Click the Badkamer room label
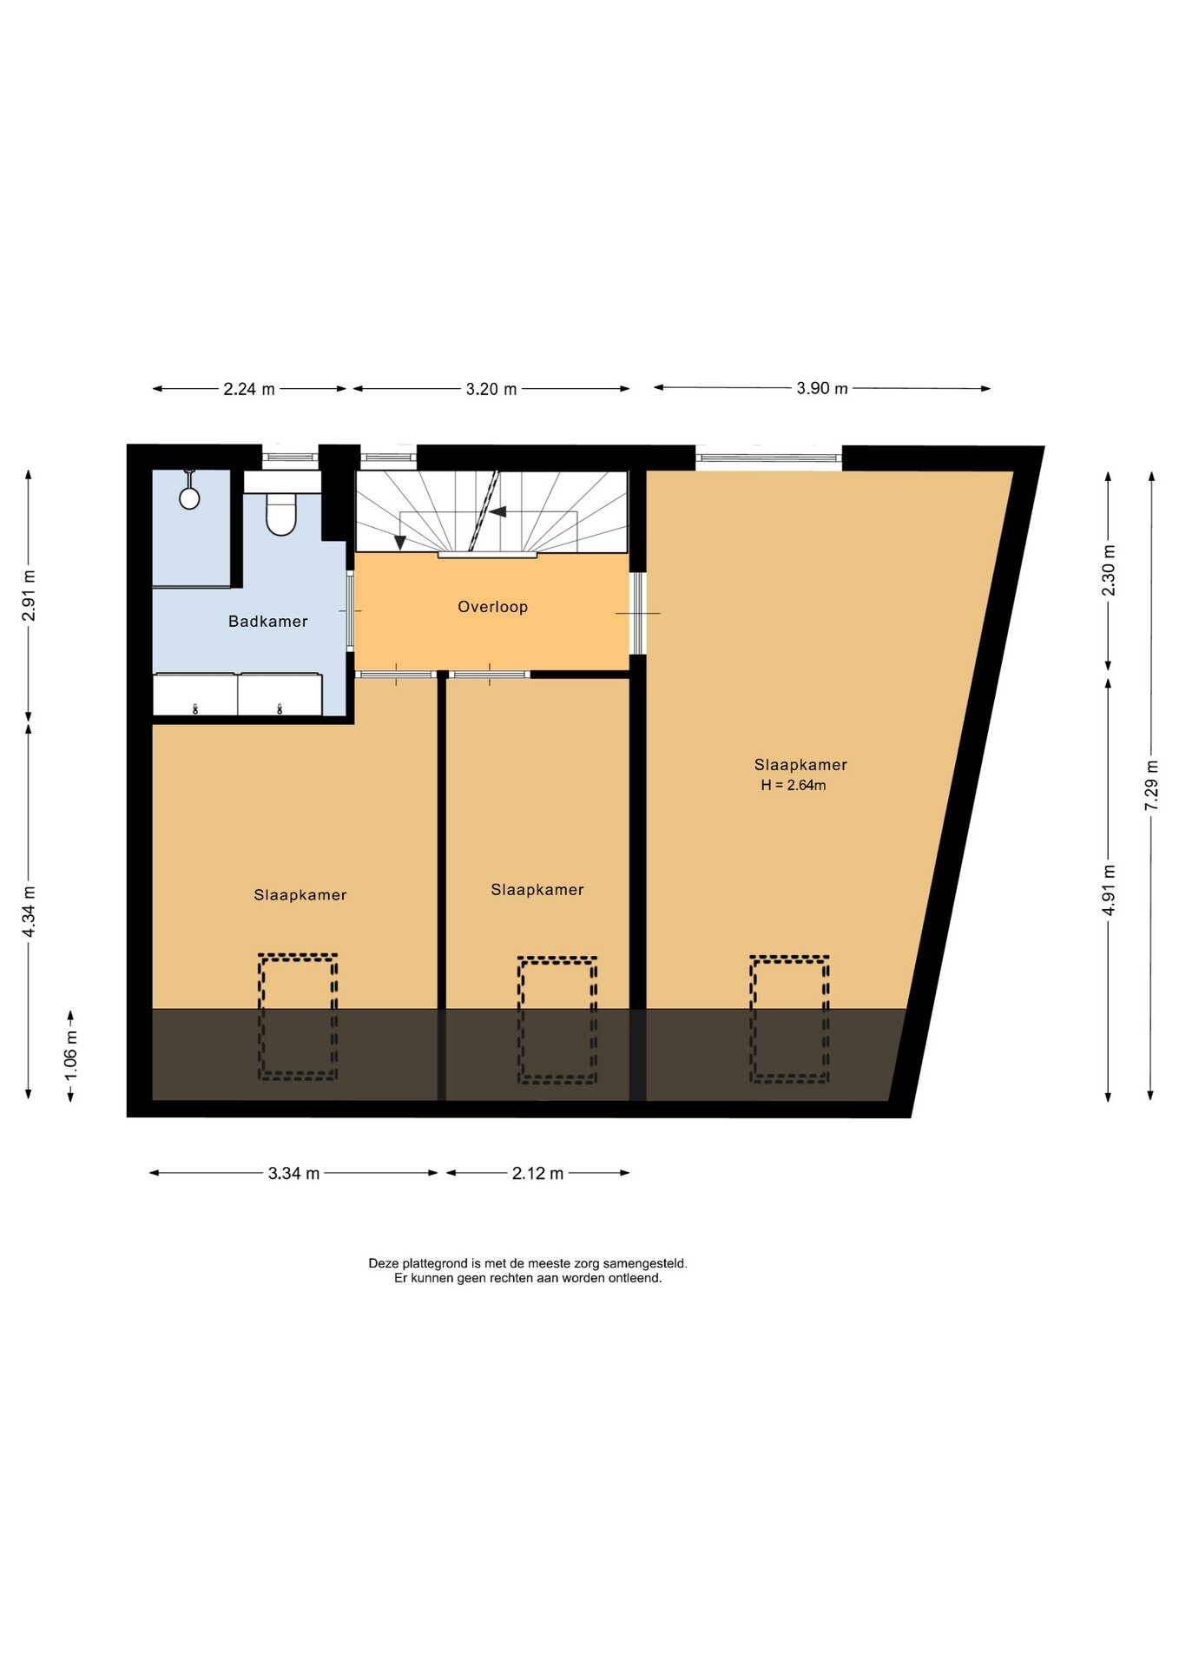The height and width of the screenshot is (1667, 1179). click(267, 622)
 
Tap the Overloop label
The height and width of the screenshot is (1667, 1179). click(492, 607)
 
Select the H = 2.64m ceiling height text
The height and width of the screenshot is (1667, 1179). click(794, 786)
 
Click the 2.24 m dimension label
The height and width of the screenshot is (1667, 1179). click(249, 389)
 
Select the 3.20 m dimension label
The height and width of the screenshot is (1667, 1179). click(491, 389)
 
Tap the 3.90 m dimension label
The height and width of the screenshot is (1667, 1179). click(822, 388)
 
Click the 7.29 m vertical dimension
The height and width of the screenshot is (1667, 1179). click(1152, 786)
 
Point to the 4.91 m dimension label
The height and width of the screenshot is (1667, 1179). click(1109, 890)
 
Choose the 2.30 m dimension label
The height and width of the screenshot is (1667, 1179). click(1109, 570)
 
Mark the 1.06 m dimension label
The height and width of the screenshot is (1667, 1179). click(71, 1056)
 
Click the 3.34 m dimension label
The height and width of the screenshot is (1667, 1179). click(293, 1174)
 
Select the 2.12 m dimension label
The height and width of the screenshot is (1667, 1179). click(537, 1174)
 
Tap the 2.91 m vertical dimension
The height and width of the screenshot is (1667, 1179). click(29, 596)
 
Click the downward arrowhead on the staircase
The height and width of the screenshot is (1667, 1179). click(400, 543)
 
